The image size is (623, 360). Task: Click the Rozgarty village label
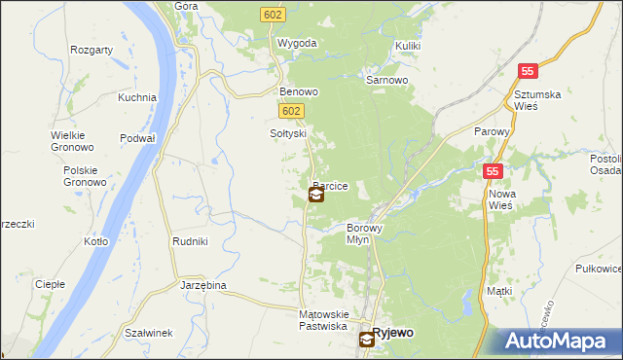point(94,49)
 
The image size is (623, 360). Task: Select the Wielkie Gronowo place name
point(73,141)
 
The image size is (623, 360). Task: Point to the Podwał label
point(137,138)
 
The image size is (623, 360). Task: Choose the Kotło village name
point(96,241)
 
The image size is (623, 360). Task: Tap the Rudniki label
point(189,241)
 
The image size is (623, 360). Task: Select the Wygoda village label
point(297,44)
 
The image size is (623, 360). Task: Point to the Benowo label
point(299,92)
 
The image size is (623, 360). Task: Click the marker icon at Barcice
point(316,195)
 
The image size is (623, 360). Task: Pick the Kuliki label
point(409,46)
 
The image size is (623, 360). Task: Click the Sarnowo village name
point(386,81)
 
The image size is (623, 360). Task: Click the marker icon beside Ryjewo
point(366,339)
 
